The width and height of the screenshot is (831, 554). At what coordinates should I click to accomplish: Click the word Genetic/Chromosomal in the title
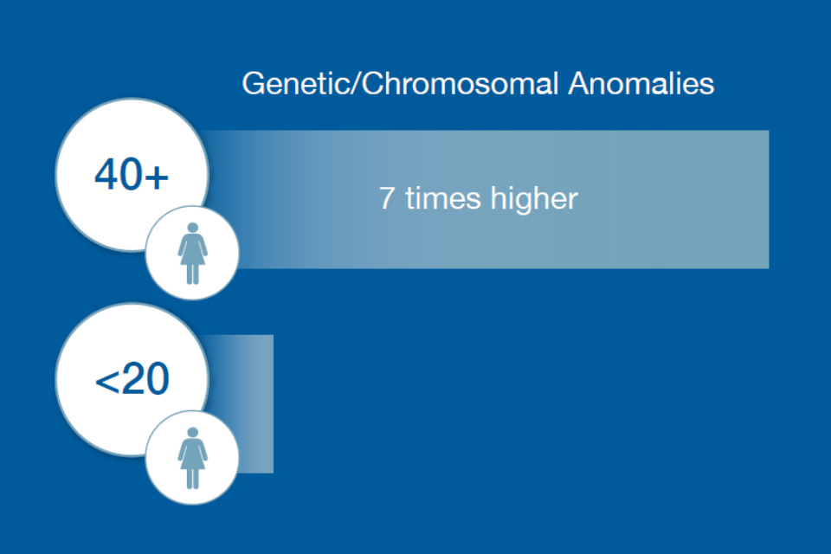400,84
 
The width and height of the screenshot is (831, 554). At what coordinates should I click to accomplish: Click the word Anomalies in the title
641,84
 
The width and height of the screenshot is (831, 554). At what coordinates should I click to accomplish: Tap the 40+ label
132,174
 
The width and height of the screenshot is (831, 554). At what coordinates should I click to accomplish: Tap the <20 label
132,378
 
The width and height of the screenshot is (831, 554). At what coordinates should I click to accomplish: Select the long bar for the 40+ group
485,199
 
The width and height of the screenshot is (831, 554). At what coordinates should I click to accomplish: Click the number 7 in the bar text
386,198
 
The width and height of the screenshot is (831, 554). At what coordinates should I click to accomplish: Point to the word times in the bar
443,198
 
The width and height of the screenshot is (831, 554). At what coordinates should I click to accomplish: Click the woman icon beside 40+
192,254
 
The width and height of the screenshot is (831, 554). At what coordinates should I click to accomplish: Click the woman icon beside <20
192,458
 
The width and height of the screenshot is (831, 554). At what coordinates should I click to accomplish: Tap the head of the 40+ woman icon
193,228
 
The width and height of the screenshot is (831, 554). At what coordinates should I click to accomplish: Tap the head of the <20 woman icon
193,433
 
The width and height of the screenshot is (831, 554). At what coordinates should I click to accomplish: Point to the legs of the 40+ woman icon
192,274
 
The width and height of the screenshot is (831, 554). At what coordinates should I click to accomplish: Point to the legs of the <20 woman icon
192,479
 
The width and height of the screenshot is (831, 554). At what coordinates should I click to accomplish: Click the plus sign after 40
157,177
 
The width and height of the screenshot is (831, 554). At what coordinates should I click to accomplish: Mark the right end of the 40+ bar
769,199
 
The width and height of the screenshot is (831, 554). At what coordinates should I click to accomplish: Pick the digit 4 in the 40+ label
106,174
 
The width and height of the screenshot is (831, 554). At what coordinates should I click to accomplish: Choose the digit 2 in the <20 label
132,378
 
